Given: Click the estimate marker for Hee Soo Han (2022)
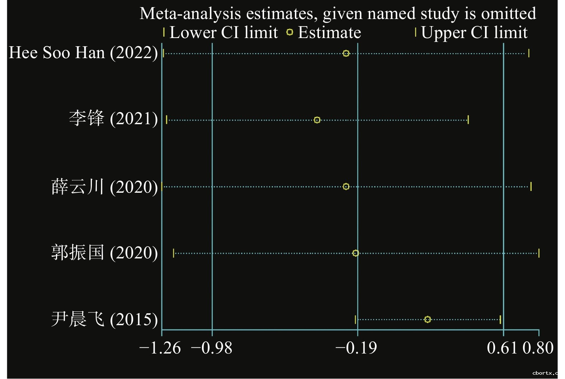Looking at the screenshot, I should point(346,53).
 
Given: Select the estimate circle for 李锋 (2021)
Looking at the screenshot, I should point(317,120).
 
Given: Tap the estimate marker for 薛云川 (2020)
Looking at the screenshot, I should point(346,187).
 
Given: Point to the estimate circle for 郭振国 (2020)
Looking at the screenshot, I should point(356,253).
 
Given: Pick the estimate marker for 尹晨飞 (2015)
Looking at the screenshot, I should point(427,319).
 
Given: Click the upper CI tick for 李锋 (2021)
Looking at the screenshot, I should point(468,120).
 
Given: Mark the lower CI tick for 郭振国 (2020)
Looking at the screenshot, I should point(174,253).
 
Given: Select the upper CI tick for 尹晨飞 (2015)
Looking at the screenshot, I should point(500,319).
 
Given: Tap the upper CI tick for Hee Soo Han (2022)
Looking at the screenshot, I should point(528,53).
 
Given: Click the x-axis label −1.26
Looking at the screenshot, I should point(160,348).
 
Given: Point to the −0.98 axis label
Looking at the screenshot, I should point(212,348).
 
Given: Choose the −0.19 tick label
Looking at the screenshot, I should point(356,348).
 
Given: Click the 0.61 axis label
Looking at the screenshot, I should point(502,348).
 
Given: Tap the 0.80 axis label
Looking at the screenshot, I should point(538,348).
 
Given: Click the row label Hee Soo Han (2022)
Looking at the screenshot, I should point(83,53).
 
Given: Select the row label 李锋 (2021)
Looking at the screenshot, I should point(113,119).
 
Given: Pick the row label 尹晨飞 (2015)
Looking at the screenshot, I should point(104,319).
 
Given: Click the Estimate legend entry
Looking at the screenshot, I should point(329,33).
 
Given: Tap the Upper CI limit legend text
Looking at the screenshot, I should point(474,33).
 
